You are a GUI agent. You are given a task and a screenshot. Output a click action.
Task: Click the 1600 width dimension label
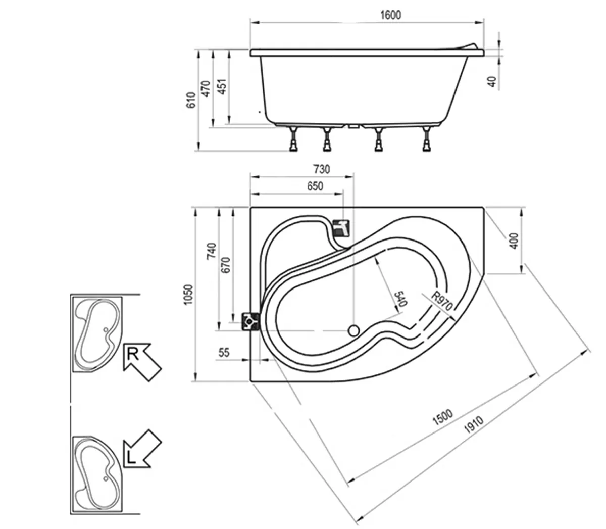pos(390,15)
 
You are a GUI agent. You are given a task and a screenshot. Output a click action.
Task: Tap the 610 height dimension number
pos(191,100)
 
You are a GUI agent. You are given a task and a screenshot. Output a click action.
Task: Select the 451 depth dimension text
pos(222,86)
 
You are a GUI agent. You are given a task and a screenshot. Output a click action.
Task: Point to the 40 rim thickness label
pos(492,81)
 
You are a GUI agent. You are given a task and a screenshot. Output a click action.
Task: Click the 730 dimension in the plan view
pos(322,169)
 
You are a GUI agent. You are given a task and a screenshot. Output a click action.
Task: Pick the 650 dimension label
pos(315,186)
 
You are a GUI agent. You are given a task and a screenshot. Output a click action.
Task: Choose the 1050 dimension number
pos(188,294)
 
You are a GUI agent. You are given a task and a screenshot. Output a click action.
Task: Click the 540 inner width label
pos(400,299)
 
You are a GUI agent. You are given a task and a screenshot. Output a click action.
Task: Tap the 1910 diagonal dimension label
pos(474,424)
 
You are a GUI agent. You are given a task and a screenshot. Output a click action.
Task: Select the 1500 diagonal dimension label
pos(443,417)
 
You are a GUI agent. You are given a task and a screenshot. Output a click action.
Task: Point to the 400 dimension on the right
pos(515,241)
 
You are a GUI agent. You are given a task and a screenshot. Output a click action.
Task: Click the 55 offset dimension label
pos(224,352)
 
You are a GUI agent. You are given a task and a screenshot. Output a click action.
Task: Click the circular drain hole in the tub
pos(353,330)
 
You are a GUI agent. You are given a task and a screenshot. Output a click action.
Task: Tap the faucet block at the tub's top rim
pos(341,228)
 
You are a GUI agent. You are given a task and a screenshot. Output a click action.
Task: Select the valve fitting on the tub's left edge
pos(250,321)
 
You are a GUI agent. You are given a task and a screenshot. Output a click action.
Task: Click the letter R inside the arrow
pos(133,354)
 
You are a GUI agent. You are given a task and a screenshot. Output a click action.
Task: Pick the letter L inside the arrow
pos(131,458)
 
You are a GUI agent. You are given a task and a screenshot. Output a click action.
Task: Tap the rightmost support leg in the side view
pos(427,139)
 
